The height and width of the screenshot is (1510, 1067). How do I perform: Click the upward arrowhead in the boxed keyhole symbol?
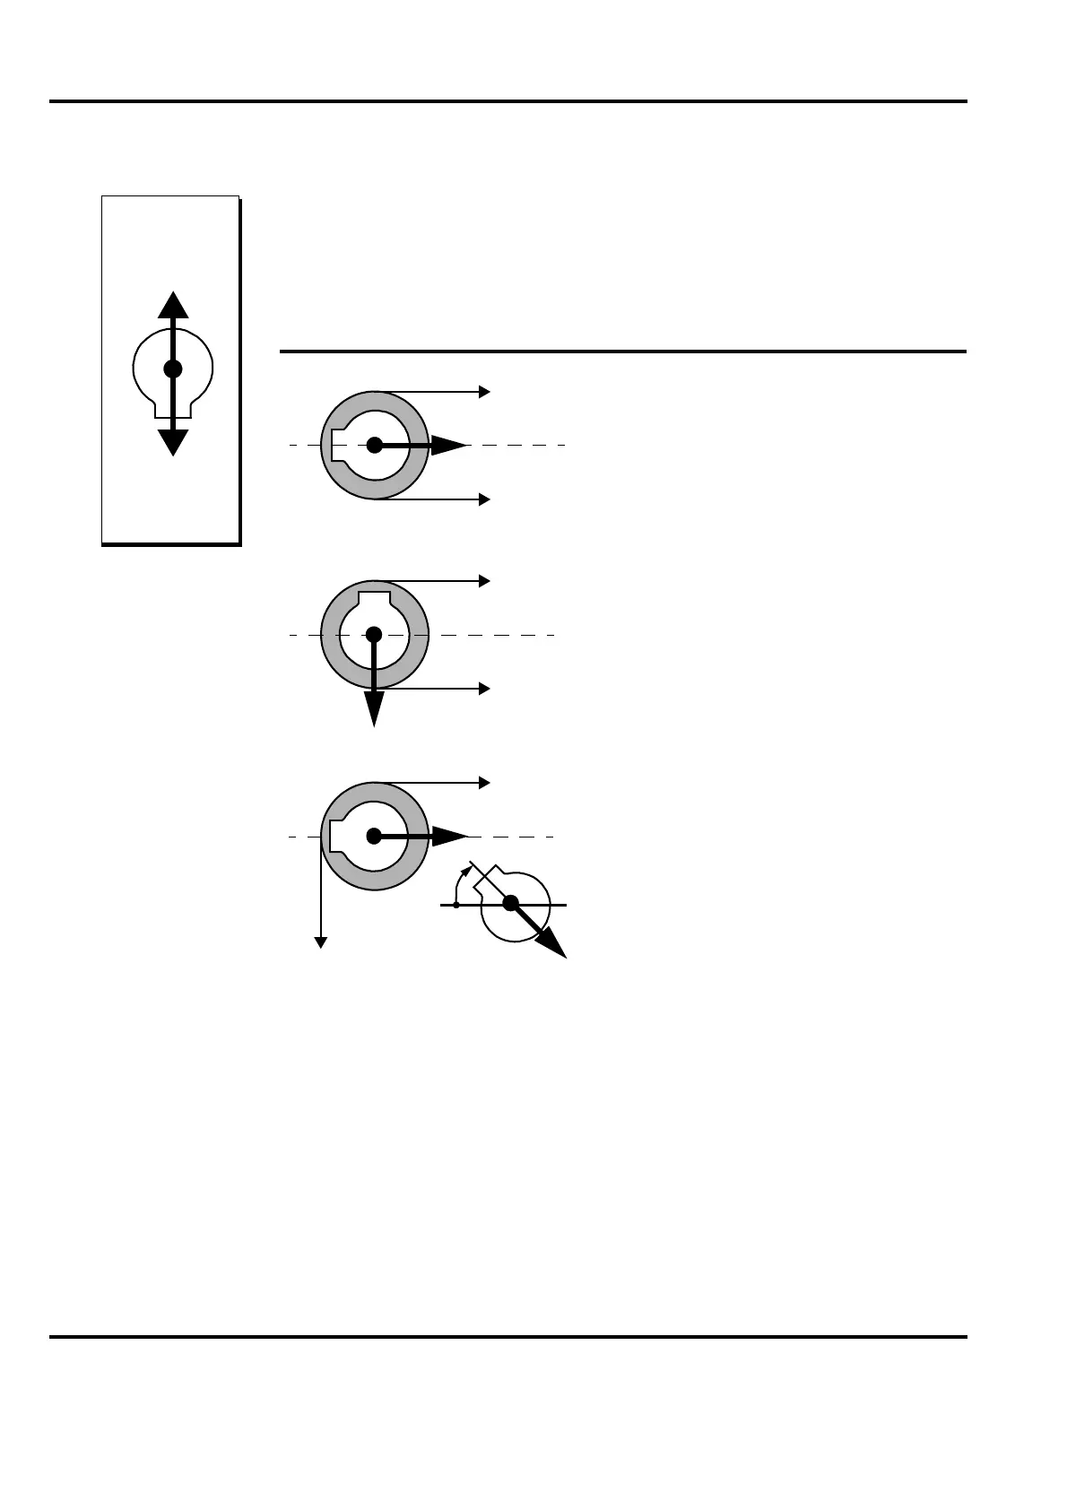point(173,305)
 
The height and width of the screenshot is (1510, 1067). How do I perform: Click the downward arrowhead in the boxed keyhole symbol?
point(173,442)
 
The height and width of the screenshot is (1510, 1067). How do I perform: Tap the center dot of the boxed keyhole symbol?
point(173,369)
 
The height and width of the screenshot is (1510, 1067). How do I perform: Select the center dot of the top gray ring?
point(375,445)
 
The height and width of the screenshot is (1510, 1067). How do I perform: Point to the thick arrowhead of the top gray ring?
point(449,445)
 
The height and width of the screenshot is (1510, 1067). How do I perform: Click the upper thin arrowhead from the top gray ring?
point(485,392)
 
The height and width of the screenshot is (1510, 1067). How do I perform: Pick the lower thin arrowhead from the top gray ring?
point(485,499)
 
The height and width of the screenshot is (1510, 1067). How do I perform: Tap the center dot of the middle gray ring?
point(374,635)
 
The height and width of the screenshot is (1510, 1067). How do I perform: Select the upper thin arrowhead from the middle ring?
point(485,581)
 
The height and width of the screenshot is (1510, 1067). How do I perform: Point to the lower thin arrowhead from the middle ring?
point(485,689)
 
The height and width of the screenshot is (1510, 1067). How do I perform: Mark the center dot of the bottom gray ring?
point(374,837)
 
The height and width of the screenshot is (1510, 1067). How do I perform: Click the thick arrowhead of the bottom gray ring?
point(449,837)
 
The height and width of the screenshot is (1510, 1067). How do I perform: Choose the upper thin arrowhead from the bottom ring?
point(485,783)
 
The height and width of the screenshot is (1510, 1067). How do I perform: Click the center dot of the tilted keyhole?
point(510,904)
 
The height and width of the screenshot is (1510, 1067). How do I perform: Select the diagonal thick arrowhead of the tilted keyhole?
point(553,945)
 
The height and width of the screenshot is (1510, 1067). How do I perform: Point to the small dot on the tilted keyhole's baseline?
point(456,906)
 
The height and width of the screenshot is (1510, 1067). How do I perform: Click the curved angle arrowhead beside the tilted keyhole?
point(466,869)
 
